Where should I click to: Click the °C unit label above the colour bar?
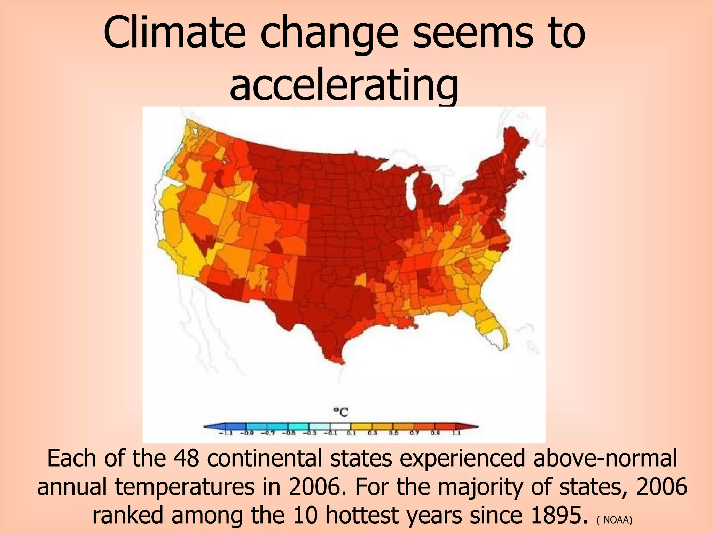(341, 413)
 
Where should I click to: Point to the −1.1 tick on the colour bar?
(224, 433)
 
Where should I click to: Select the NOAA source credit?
(617, 520)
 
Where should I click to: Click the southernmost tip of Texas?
(339, 362)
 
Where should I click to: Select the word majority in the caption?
(481, 487)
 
